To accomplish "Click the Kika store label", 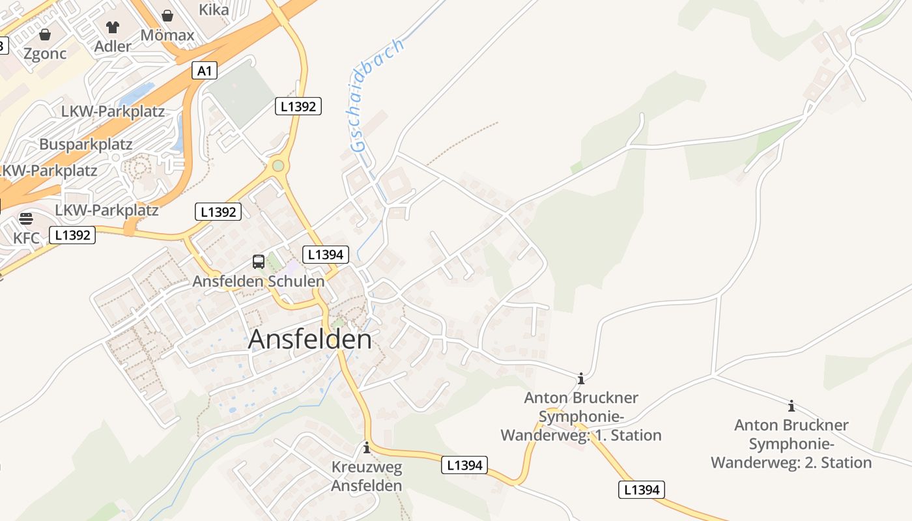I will pos(214,9).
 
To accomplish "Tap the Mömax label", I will pos(167,35).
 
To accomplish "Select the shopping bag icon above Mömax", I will pos(167,16).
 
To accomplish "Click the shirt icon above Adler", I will pos(113,27).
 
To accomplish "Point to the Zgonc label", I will pos(45,53).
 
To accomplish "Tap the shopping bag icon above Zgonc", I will pos(45,35).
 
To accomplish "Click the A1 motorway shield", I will pos(205,70).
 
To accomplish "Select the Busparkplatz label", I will pos(85,144).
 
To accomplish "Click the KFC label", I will pos(26,238).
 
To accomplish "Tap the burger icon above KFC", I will pos(26,218).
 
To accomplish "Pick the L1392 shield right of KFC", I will pos(72,235).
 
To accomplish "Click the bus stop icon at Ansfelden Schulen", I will pos(259,262).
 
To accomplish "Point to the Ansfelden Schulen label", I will pos(258,281).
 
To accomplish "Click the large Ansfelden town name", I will pos(310,339).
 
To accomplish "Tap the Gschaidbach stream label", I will pos(377,95).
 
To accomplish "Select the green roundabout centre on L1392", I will pos(278,165).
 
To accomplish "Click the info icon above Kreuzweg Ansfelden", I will pos(367,447).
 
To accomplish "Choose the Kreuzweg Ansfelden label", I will pos(367,476).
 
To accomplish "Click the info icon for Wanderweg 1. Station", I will pos(581,378).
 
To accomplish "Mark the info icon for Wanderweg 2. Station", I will pos(791,406).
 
